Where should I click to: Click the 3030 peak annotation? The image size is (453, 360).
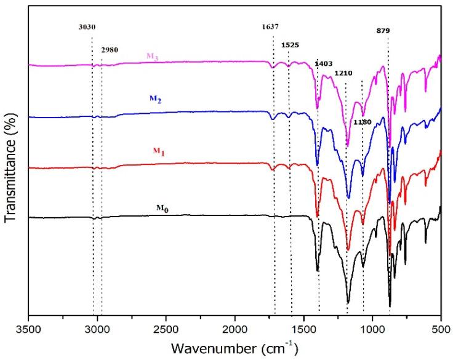tap(87, 27)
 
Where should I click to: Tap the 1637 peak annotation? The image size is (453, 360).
tap(270, 27)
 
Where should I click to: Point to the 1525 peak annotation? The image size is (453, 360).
tap(291, 45)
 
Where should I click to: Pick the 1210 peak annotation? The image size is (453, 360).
tap(343, 73)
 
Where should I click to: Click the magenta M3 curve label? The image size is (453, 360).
tap(153, 56)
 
